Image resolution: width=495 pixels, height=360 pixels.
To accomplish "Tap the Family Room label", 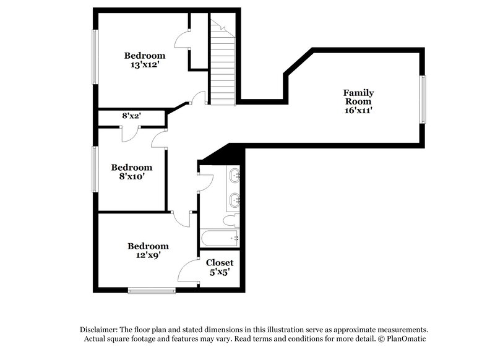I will pyautogui.click(x=359, y=97).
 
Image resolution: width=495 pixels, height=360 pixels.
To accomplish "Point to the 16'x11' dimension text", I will pyautogui.click(x=359, y=110).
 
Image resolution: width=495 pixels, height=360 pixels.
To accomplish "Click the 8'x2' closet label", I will pyautogui.click(x=131, y=116).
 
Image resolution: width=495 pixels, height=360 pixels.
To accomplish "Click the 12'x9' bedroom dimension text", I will pyautogui.click(x=148, y=255).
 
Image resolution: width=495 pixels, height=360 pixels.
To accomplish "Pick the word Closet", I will pyautogui.click(x=220, y=262).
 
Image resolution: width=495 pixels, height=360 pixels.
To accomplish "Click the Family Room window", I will pyautogui.click(x=423, y=99).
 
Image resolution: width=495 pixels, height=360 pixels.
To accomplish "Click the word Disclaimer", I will pyautogui.click(x=99, y=330).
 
